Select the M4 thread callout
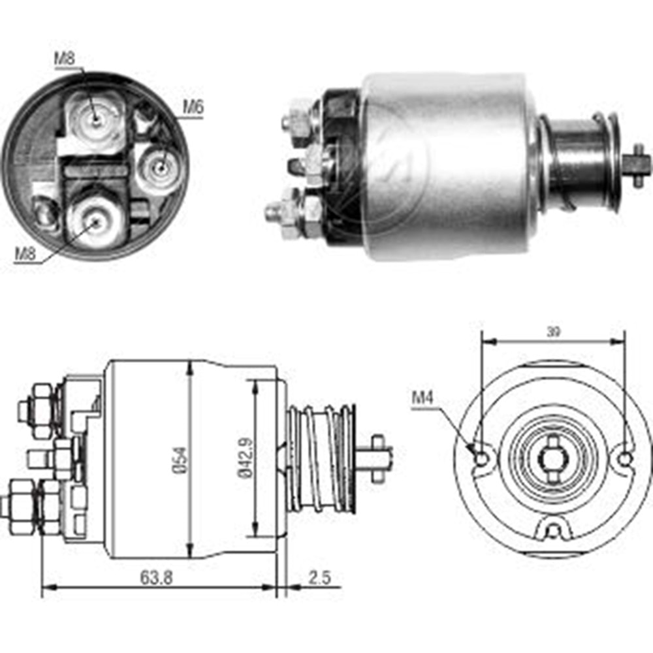422,396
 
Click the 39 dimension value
553,332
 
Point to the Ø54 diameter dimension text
181,460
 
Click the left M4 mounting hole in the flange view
481,459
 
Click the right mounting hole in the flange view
625,458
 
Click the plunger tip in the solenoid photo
639,164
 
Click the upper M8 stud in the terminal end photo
95,118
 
